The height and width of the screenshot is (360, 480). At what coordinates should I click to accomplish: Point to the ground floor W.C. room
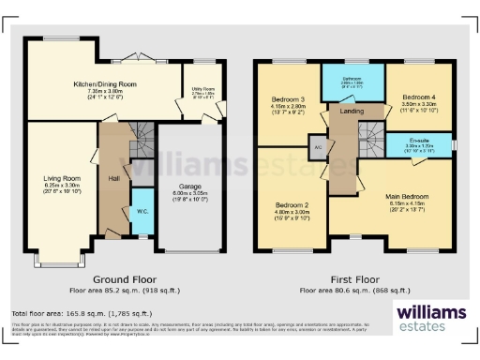tap(141, 209)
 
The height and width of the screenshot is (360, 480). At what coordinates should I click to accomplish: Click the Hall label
tap(113, 177)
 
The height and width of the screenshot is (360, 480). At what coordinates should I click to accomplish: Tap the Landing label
tap(352, 112)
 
